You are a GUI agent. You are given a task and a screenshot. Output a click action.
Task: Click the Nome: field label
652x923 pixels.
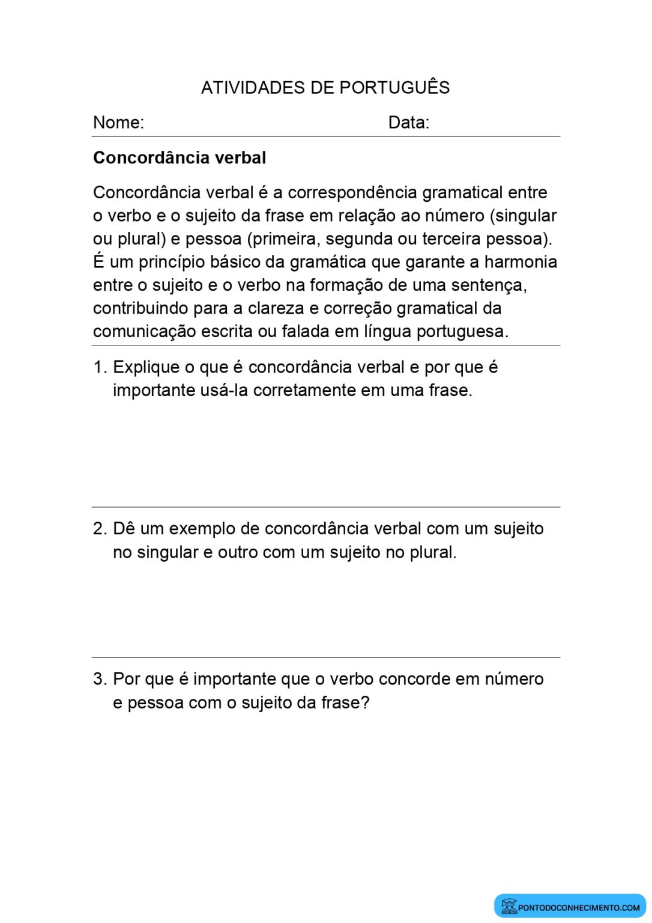118,123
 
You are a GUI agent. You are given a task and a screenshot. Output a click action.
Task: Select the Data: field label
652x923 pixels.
409,123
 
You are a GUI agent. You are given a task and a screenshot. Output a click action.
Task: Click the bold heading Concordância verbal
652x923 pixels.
180,158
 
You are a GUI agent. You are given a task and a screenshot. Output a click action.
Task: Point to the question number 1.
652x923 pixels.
99,367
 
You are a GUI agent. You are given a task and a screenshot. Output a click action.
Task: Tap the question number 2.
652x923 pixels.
100,529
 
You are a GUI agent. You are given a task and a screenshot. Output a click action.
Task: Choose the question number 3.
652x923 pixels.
100,679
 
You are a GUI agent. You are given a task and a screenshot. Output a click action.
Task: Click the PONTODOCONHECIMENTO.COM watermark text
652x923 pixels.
579,908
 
